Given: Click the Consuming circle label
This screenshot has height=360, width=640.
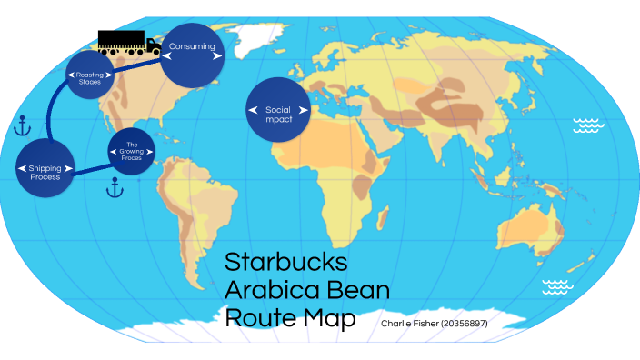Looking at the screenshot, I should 191,45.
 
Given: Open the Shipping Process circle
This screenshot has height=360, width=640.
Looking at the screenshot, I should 45,171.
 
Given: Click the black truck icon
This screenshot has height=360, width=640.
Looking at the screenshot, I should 128,42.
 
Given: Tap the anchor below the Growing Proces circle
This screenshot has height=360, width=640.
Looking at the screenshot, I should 115,188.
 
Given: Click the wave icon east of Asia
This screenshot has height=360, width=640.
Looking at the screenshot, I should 589,125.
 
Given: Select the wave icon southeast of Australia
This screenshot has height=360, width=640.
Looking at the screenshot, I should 557,287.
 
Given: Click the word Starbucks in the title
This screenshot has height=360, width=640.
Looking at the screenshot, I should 285,263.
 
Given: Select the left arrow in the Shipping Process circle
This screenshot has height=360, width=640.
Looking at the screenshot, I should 20,170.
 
